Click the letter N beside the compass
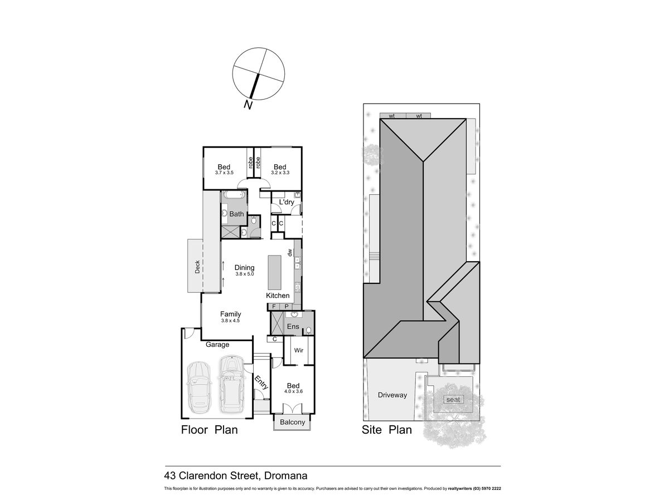coord(248,105)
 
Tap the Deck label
coord(197,267)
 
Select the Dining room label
coord(244,267)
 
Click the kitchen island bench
coord(274,273)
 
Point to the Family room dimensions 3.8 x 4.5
coord(230,320)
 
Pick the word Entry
coord(261,382)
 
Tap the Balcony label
coord(292,422)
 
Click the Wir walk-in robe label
coord(299,350)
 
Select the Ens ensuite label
coord(293,326)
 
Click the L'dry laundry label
coord(287,202)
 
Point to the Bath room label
coord(236,214)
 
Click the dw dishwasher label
coord(289,252)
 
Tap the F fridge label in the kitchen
coord(274,307)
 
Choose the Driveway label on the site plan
coord(392,395)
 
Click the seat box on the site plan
coord(453,399)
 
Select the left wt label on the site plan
coord(392,116)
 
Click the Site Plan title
coord(386,430)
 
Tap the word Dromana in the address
coord(285,475)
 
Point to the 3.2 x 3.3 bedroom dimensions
coord(280,173)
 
